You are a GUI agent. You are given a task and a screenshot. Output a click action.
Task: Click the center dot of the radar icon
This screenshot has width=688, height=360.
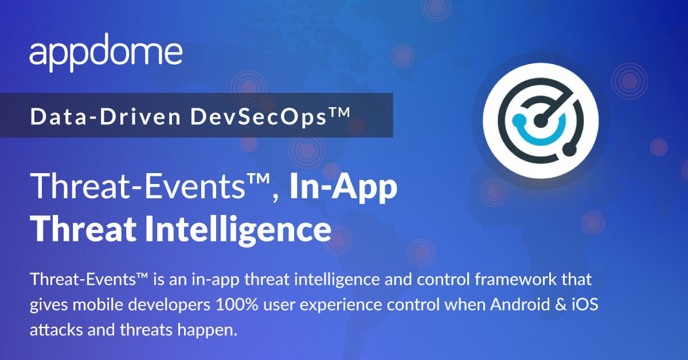click(x=540, y=120)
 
